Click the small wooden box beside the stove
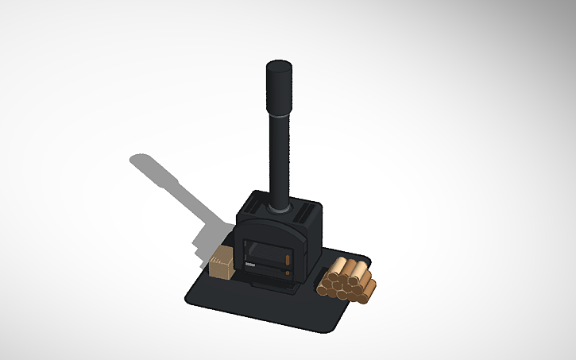222,264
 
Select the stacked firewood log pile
347,281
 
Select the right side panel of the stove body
313,242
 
